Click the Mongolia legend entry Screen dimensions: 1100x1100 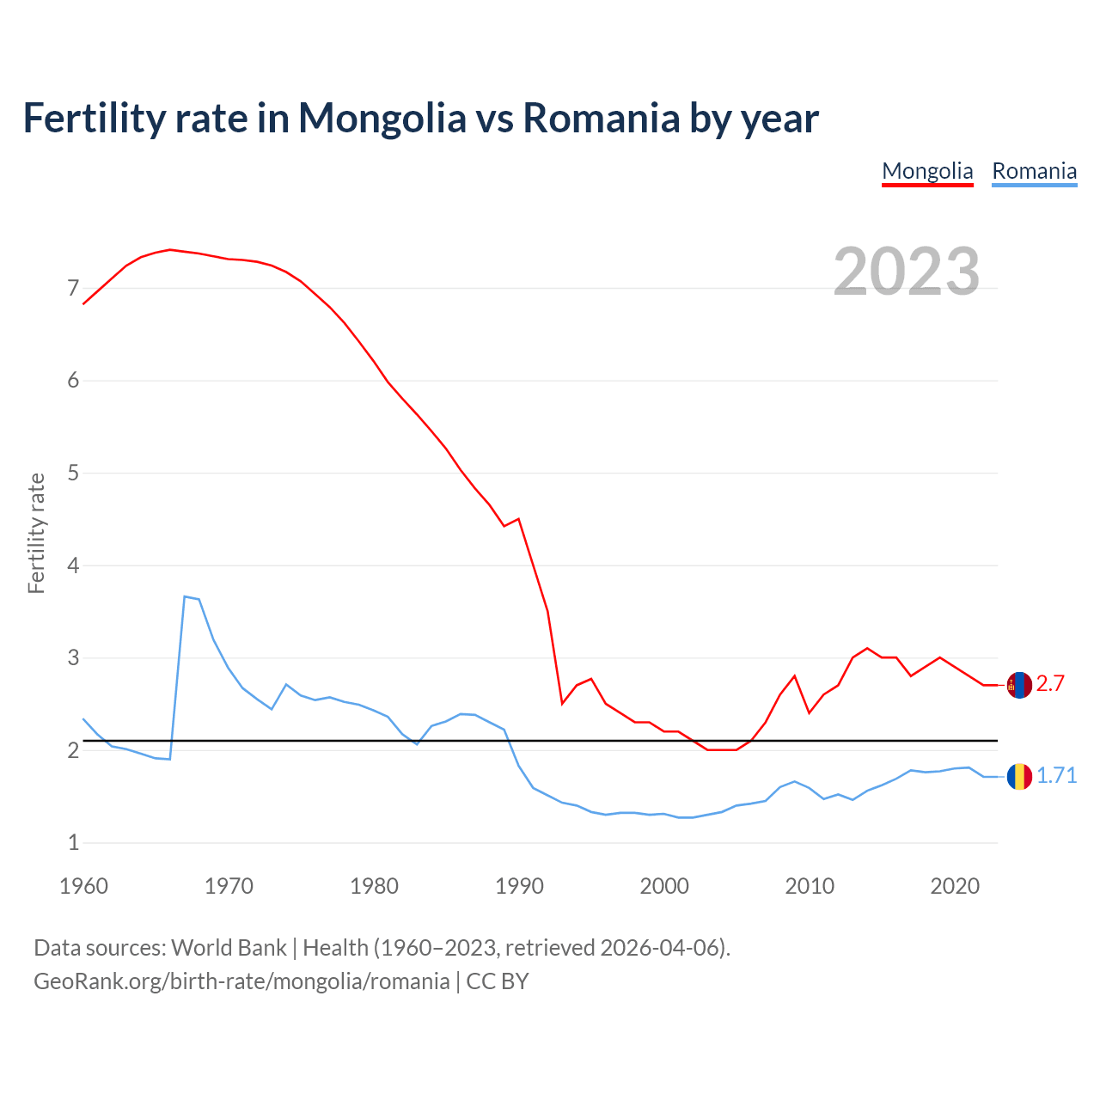(927, 171)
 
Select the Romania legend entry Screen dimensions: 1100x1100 (1034, 171)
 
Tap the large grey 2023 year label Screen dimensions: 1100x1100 (906, 272)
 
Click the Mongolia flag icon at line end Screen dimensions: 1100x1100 (1019, 685)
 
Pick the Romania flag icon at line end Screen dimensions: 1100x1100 (1019, 776)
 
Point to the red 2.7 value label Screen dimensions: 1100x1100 (1050, 684)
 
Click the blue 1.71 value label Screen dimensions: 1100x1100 (1056, 776)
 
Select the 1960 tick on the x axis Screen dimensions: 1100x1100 (83, 886)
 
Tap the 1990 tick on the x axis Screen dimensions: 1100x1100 (519, 886)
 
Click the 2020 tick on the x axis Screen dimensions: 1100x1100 (955, 886)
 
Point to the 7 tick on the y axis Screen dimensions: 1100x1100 (73, 288)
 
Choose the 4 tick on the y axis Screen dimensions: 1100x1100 (73, 565)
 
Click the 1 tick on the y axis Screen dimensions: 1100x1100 (73, 843)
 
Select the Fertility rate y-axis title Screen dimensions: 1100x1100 (36, 533)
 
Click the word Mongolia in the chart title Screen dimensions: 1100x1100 (382, 118)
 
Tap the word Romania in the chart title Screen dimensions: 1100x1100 (601, 118)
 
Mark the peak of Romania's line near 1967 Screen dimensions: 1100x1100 (185, 596)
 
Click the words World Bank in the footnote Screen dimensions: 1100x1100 (229, 948)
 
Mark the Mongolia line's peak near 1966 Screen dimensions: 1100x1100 (170, 249)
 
